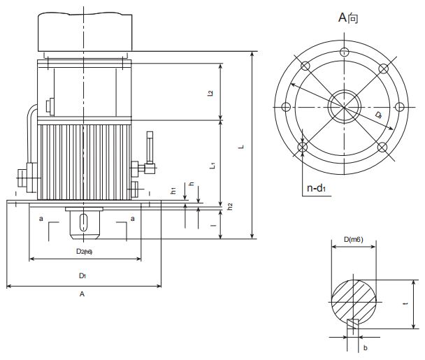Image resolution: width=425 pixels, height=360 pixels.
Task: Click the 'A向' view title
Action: [x=347, y=17]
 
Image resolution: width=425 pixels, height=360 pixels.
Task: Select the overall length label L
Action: [x=241, y=147]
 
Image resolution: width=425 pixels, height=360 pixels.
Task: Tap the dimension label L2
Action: [x=210, y=92]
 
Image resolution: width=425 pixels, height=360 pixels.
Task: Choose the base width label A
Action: [x=82, y=294]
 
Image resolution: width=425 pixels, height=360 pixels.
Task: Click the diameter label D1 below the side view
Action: [x=82, y=275]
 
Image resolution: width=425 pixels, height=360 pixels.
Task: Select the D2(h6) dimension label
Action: [x=84, y=250]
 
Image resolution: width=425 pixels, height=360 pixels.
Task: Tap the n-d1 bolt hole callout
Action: [x=317, y=188]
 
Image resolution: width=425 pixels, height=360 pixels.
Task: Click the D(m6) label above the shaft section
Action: [x=353, y=239]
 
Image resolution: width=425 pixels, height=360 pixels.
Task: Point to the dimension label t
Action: [x=405, y=304]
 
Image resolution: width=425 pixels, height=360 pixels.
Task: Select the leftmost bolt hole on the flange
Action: [x=285, y=106]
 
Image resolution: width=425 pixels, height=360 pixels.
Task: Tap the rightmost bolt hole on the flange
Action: [x=400, y=106]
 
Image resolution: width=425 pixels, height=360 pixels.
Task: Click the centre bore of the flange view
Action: [x=343, y=106]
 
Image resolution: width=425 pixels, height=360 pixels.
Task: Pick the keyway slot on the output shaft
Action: [x=85, y=223]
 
